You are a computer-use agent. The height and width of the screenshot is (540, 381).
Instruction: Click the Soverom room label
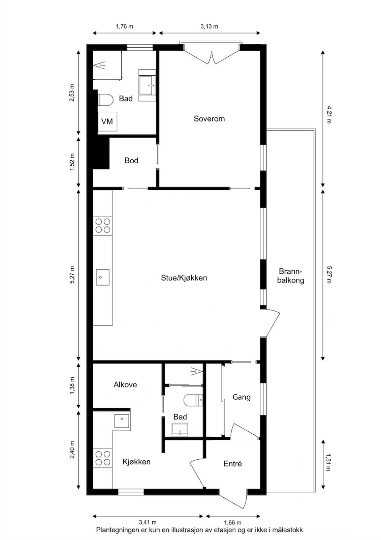(x=209, y=118)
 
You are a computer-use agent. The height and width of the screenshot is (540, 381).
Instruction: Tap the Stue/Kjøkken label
(x=184, y=278)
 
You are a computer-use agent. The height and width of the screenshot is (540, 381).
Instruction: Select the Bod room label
(x=131, y=161)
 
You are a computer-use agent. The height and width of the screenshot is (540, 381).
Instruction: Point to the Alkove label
(x=125, y=384)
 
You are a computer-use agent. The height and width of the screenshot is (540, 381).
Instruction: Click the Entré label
(x=232, y=464)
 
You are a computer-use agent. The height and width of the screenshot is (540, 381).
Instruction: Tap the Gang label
(x=242, y=397)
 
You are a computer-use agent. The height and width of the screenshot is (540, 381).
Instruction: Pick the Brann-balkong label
(x=290, y=276)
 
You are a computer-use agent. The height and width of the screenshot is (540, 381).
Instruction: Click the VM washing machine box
(x=107, y=121)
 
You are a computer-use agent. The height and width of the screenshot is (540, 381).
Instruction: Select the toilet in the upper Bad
(x=106, y=100)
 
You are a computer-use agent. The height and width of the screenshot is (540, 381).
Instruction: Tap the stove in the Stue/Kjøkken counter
(x=103, y=225)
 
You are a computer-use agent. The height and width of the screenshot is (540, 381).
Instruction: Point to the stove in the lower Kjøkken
(x=103, y=458)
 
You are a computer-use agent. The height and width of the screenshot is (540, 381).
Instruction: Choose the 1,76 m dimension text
(x=124, y=26)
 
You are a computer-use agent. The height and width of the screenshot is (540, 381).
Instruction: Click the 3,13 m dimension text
(x=210, y=26)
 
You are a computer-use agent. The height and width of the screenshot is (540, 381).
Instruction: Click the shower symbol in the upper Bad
(x=99, y=65)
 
